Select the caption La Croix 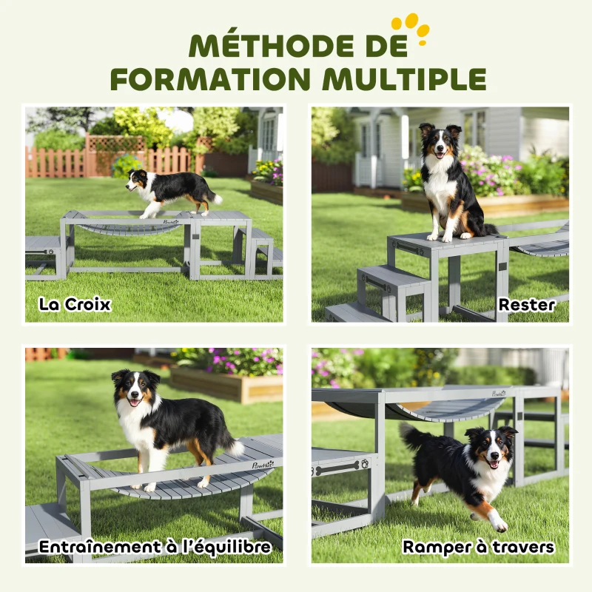click(75, 305)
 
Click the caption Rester click(526, 305)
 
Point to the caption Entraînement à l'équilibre click(155, 547)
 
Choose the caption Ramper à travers click(478, 547)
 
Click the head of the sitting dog click(440, 140)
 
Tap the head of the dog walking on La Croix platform click(138, 179)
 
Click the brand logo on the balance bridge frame click(262, 465)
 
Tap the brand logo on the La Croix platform click(171, 221)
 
